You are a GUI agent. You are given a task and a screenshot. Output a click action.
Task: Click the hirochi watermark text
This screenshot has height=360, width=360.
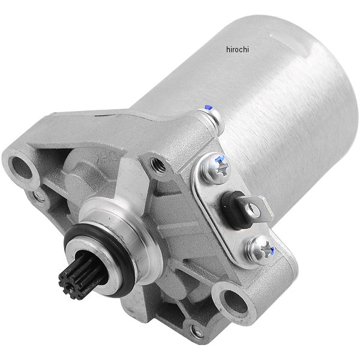[238, 49]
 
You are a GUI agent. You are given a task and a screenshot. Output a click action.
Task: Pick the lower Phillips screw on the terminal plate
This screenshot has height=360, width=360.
[262, 250]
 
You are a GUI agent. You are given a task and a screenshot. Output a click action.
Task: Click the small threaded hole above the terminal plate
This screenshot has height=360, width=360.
[158, 164]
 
